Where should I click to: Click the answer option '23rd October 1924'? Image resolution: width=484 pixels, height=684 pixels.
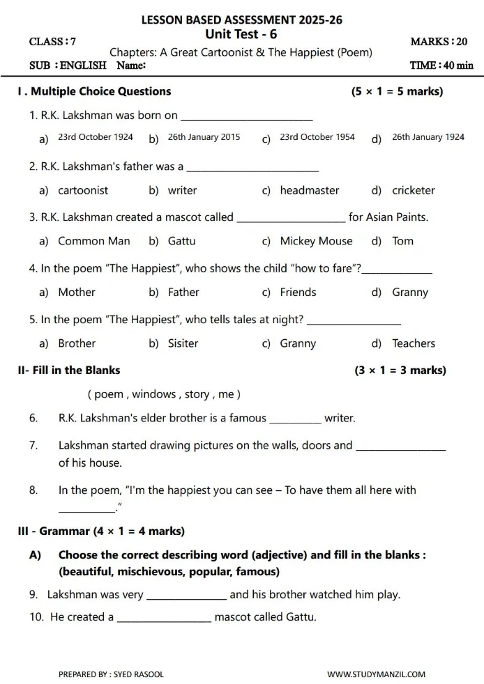95,137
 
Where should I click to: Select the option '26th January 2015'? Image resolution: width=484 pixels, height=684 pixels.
204,137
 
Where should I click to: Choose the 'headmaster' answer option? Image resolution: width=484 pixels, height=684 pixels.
310,190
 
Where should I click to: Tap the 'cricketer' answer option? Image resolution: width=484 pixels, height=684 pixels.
413,190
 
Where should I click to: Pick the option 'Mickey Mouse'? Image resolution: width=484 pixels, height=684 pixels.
316,241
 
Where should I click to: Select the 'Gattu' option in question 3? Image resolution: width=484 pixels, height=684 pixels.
181,241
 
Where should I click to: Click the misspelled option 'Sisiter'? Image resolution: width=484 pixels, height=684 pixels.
183,343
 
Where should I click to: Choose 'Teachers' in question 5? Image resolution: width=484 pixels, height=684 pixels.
413,343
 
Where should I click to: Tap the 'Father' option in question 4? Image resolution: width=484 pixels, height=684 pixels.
183,293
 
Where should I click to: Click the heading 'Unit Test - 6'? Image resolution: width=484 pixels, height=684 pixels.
241,35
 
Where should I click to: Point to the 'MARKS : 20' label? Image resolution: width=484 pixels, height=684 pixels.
439,42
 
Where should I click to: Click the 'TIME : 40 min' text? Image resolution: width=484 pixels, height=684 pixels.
441,65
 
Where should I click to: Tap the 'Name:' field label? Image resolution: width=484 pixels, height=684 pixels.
131,65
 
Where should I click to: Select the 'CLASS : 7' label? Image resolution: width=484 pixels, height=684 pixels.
53,42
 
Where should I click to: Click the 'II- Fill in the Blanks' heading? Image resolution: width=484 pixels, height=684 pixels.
69,370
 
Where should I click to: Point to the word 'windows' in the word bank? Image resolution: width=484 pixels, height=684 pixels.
154,394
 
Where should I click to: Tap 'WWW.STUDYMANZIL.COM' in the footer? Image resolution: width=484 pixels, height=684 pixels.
376,674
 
